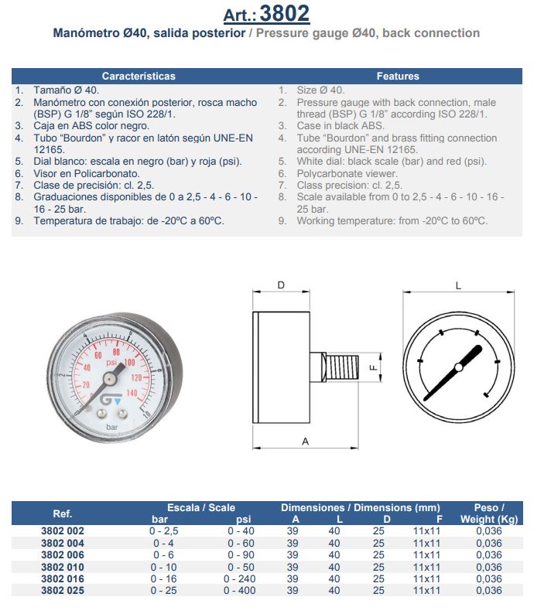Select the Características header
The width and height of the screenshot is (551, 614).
(139, 77)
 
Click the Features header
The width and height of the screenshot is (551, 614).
(398, 77)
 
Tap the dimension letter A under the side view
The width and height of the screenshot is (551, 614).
(305, 442)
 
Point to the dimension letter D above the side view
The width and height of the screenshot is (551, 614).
(281, 285)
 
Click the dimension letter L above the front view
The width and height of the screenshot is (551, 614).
(458, 285)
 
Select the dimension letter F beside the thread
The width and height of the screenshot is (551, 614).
(372, 368)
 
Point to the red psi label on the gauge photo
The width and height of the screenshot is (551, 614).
(111, 362)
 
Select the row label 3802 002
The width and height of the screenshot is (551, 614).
(62, 531)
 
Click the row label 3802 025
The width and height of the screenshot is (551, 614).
(62, 590)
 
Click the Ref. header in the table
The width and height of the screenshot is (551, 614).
(62, 513)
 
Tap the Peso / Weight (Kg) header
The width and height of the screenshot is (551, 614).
(488, 513)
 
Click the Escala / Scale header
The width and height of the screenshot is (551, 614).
(201, 507)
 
